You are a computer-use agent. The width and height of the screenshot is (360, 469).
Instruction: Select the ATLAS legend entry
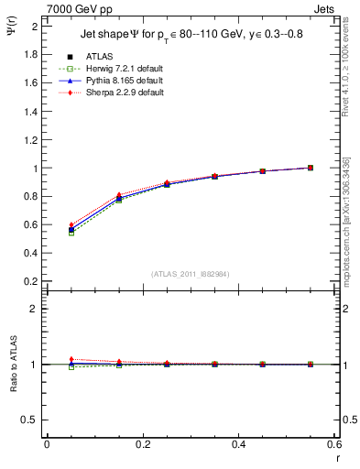(x=99, y=57)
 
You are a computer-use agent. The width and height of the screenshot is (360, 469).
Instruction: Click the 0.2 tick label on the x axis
(x=142, y=444)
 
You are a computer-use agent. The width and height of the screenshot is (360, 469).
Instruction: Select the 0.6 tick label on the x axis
(x=334, y=444)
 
